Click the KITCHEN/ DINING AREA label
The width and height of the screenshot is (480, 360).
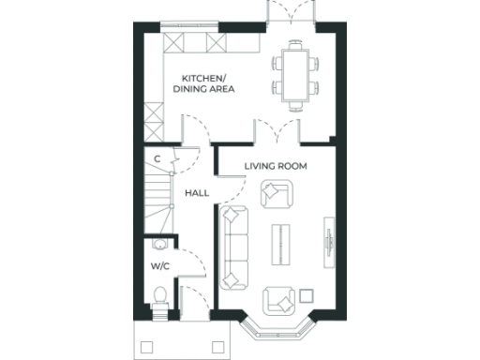[x=203, y=83]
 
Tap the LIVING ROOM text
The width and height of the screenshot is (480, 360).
[x=277, y=166]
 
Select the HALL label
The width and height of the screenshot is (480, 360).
[x=196, y=193]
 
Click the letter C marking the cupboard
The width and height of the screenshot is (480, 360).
[x=157, y=159]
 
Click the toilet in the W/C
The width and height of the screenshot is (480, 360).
[x=159, y=298]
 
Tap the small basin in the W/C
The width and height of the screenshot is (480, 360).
[x=159, y=246]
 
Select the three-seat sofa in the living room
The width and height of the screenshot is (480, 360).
[x=233, y=247]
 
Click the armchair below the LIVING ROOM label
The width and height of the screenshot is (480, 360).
[x=276, y=193]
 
